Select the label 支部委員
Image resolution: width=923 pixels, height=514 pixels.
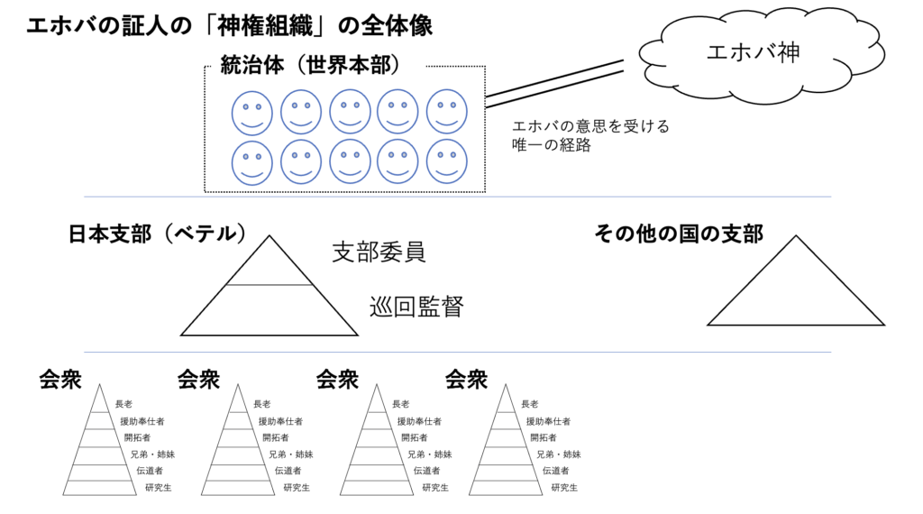click(379, 252)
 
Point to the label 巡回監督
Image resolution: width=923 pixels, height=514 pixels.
click(416, 307)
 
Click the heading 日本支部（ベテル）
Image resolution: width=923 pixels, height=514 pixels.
click(158, 234)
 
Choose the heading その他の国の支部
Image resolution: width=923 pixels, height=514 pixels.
click(679, 234)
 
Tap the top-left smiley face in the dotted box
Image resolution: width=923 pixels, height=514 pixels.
click(251, 113)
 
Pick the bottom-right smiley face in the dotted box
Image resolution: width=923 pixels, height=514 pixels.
click(447, 161)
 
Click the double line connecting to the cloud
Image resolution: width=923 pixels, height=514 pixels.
click(554, 83)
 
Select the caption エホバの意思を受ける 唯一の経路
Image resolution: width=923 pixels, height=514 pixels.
click(590, 135)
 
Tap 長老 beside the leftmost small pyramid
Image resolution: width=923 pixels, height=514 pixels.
click(123, 404)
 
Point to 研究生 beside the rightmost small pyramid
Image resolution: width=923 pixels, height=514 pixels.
click(563, 488)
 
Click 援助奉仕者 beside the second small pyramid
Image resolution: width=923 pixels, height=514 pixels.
click(280, 421)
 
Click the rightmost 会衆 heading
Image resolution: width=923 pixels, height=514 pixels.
click(466, 380)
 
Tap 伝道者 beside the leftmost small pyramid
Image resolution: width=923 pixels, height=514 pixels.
click(150, 471)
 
